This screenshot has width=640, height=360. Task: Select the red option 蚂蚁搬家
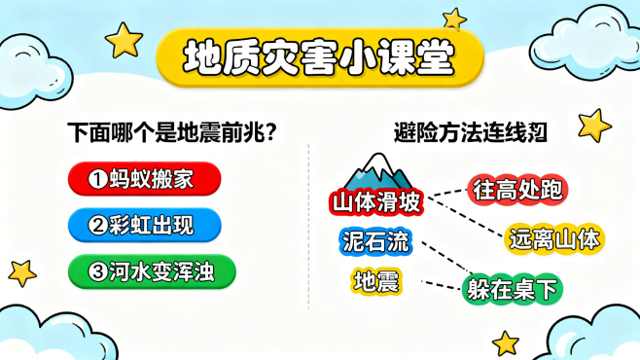pos(144,178)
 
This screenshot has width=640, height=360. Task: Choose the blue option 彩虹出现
pos(144,226)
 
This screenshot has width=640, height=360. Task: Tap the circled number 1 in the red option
pos(96,179)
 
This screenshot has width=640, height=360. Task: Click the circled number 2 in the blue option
pos(96,226)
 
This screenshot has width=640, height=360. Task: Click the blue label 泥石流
pos(375,241)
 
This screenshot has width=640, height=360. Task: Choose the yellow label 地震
pos(375,281)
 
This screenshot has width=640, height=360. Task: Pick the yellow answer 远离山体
pos(555,236)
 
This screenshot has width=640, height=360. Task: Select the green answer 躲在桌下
pos(513,289)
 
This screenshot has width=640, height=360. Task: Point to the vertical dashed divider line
pos(308,224)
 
